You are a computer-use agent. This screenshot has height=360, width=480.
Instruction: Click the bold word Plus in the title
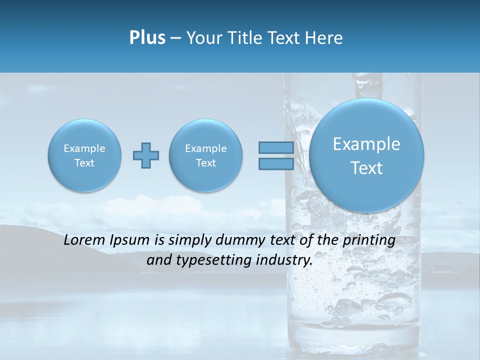click(147, 38)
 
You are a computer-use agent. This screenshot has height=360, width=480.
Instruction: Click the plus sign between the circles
click(146, 155)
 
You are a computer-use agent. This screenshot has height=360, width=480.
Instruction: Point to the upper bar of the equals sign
click(276, 148)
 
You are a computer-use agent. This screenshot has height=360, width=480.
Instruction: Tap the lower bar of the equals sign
click(276, 164)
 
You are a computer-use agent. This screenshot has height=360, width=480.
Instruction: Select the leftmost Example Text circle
click(84, 155)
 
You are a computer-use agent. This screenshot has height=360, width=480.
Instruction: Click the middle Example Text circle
click(206, 155)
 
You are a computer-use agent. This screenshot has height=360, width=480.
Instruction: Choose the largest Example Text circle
click(366, 155)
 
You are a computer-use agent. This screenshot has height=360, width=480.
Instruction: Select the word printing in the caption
click(369, 240)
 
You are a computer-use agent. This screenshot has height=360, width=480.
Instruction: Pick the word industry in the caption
click(284, 260)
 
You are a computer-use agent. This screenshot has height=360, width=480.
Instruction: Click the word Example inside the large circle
click(366, 144)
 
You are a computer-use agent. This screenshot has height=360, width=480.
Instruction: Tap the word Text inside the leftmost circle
click(84, 163)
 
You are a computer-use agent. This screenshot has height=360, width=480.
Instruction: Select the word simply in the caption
click(187, 240)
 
